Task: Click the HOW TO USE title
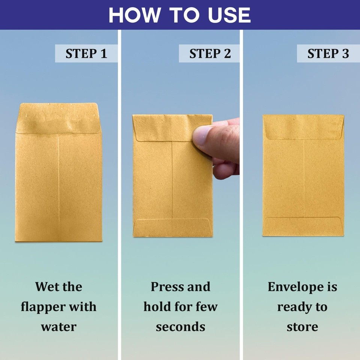(x=180, y=15)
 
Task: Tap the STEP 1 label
(x=86, y=54)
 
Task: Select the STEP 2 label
(x=210, y=54)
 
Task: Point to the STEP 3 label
(x=328, y=54)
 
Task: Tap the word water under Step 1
(x=58, y=327)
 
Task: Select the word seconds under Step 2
(x=180, y=327)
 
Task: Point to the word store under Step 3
(x=302, y=327)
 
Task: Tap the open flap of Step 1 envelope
(x=58, y=118)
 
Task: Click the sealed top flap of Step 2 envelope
(x=165, y=127)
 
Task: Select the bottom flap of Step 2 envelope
(x=172, y=228)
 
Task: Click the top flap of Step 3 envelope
(x=303, y=127)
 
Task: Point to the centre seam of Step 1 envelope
(x=58, y=187)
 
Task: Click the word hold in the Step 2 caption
(x=157, y=307)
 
